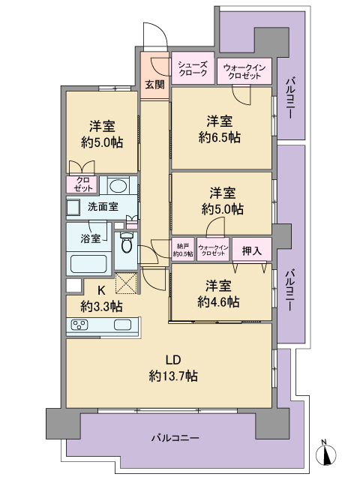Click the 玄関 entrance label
point(154,83)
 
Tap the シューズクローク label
point(193,69)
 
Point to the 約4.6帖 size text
point(219,301)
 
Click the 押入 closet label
point(251,250)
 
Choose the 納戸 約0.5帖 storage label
point(184,250)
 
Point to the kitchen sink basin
point(122,325)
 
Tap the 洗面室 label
point(103,206)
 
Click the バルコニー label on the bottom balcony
point(174,436)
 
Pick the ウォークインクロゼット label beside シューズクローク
point(241,72)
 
